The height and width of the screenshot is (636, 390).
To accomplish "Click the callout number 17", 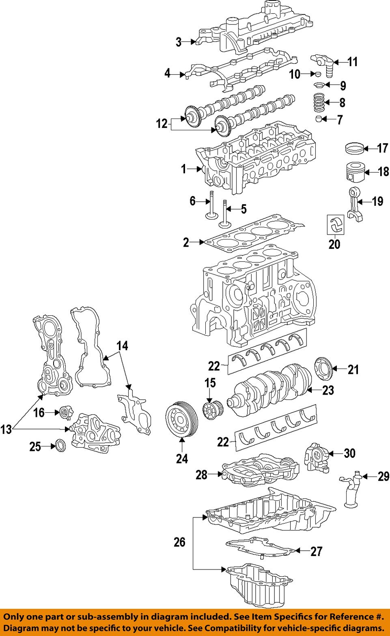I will [x=382, y=149].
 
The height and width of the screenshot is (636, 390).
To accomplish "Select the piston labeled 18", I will [x=355, y=172].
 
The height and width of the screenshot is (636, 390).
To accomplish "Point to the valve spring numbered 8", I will [x=319, y=102].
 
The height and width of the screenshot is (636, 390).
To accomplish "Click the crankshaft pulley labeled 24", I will [x=181, y=419].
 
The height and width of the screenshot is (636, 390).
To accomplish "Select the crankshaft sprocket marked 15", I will [x=211, y=410].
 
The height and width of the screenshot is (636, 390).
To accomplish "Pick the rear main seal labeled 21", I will [x=323, y=370].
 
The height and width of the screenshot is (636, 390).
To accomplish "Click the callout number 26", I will [x=179, y=542].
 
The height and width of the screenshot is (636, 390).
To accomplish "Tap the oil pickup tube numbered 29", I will [x=350, y=491].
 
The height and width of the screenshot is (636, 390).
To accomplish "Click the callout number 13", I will [x=6, y=429].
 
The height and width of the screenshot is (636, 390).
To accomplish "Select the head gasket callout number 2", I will [x=186, y=243].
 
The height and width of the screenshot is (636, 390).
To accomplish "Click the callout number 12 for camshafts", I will [x=162, y=123].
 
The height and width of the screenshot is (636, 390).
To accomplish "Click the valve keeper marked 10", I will [x=318, y=74].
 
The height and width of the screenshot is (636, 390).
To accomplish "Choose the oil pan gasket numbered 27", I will [x=260, y=549].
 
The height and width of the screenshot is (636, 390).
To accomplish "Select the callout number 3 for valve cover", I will [x=178, y=42].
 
